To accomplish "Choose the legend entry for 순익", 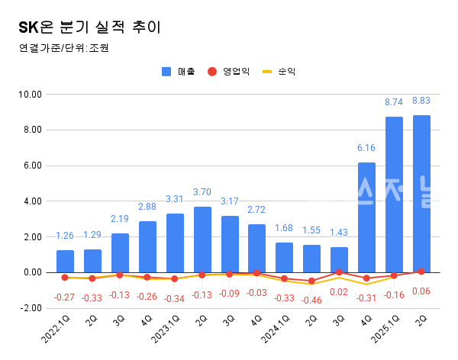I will (279, 72).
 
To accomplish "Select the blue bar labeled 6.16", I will (366, 217).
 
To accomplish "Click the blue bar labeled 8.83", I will (421, 194).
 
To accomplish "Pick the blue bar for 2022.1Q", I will (65, 261).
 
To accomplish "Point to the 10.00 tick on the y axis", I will (31, 94).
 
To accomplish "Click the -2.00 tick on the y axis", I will (31, 308).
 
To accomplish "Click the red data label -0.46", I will (311, 300).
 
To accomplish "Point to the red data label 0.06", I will (421, 291).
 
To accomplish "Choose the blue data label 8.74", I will (394, 101).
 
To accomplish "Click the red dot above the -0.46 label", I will (311, 281).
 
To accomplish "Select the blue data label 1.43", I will (339, 233).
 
